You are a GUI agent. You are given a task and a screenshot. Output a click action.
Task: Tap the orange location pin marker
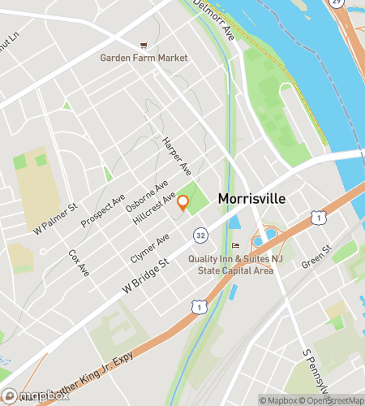[x=183, y=203]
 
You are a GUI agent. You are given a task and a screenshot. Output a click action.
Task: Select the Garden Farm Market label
[x=144, y=58]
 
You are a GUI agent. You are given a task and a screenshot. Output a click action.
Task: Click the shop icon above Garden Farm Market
[x=144, y=45]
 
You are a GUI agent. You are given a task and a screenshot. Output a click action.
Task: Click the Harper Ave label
[x=176, y=157]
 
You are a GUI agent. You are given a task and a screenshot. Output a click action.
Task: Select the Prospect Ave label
[x=108, y=210]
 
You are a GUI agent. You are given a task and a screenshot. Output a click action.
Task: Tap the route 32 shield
[x=199, y=235]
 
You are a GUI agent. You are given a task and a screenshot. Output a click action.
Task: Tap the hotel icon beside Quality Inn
[x=236, y=245]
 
